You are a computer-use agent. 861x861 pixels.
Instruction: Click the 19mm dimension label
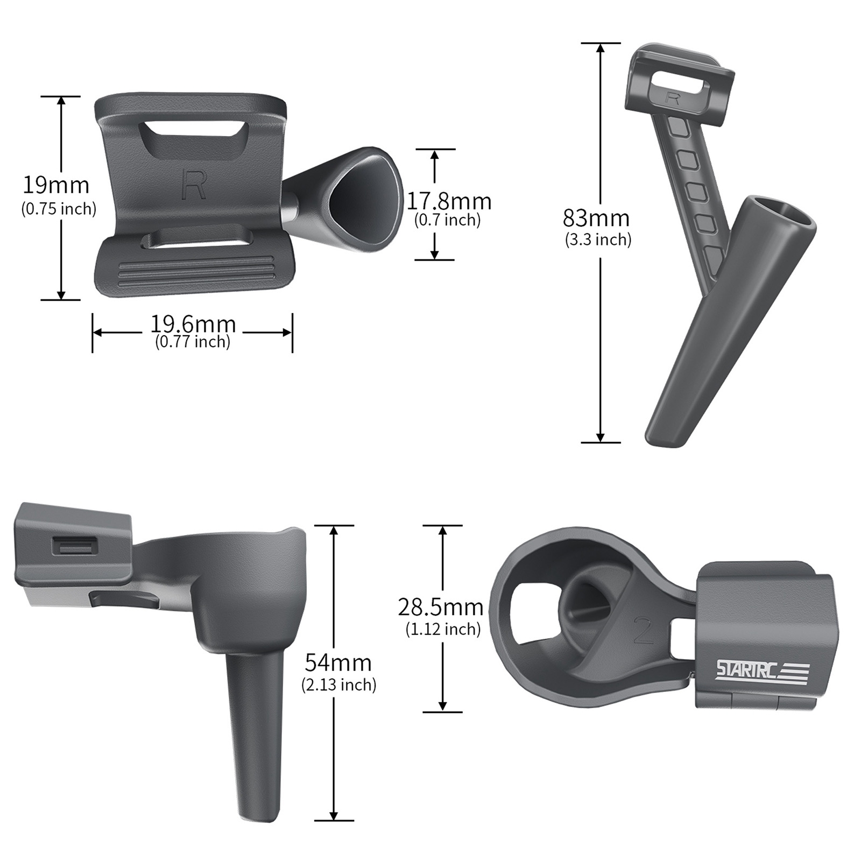click(55, 185)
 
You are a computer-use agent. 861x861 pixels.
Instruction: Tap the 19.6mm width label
click(193, 324)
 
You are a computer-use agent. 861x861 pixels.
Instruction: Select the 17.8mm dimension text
click(448, 201)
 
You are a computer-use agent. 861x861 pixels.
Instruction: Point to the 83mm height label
click(596, 218)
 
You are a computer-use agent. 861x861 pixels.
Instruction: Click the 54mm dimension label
click(338, 661)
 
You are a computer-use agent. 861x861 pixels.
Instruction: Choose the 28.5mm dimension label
click(441, 607)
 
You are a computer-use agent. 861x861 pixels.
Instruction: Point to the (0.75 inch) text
click(59, 208)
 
